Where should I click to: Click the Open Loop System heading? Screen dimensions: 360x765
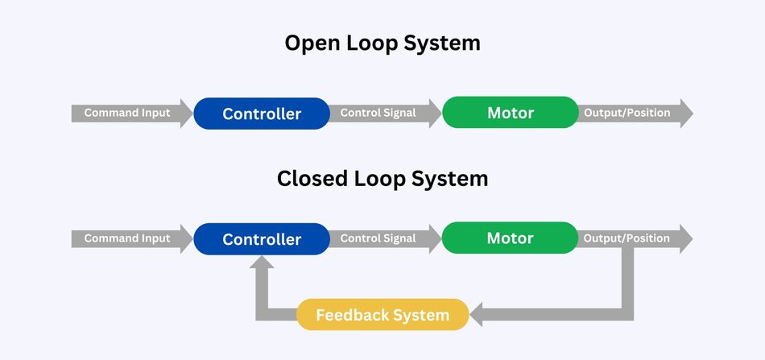tap(382, 43)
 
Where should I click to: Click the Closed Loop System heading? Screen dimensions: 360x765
tap(382, 178)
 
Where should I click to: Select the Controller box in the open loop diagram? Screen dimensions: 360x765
tap(262, 114)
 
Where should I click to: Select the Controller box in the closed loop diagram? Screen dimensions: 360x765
tap(262, 239)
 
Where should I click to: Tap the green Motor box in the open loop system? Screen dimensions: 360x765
tap(511, 113)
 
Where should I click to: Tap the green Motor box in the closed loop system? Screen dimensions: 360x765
tap(511, 238)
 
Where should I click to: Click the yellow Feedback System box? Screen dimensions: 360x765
tap(382, 315)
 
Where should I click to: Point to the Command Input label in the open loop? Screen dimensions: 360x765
tap(127, 113)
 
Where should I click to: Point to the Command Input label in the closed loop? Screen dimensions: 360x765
tap(127, 238)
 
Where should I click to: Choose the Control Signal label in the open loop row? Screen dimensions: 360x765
tap(378, 113)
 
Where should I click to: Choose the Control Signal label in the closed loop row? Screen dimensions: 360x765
tap(378, 238)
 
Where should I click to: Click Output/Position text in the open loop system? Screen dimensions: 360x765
tap(626, 113)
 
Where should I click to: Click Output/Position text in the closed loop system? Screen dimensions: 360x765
tap(626, 238)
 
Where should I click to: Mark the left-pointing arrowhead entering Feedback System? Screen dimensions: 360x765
tap(477, 315)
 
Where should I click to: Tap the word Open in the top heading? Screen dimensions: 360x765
tap(311, 43)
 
